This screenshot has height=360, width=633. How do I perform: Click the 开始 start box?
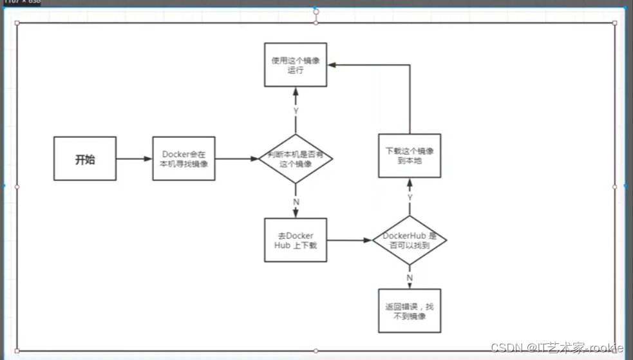[85, 158]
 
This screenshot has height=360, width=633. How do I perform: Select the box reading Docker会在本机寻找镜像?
[184, 158]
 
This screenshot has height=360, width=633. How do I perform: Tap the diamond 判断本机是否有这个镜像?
[296, 158]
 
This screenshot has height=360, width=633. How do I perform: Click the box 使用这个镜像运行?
[296, 64]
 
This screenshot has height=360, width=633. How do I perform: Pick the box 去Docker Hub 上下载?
[296, 240]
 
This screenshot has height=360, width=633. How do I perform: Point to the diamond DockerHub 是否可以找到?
[410, 240]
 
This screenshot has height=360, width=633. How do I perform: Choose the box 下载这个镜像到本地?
[410, 155]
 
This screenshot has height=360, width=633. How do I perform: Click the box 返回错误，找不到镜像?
[410, 310]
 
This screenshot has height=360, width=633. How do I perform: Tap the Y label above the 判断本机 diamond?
[296, 110]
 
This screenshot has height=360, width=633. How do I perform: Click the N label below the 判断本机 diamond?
[296, 202]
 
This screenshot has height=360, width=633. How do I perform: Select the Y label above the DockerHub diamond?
[410, 196]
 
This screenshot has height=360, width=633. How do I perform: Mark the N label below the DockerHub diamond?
[410, 277]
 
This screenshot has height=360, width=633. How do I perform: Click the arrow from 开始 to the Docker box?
[134, 158]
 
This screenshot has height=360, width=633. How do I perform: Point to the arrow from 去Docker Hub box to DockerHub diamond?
[350, 240]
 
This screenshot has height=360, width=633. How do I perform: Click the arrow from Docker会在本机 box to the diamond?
[236, 158]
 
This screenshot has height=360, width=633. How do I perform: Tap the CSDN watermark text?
[557, 348]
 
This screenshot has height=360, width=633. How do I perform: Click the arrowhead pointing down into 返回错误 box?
[410, 285]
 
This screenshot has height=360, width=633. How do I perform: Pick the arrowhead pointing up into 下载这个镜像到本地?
[410, 183]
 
